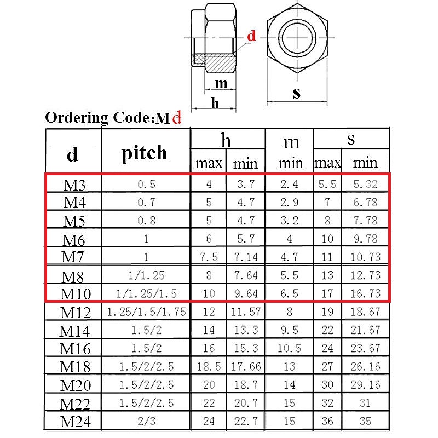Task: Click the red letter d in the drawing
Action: point(251,37)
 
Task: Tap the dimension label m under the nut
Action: point(221,84)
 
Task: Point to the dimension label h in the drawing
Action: point(215,103)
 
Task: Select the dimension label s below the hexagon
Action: point(296,93)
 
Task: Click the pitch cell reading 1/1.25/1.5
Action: point(146,293)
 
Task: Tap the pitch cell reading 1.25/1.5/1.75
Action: point(146,312)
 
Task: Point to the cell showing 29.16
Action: point(365,385)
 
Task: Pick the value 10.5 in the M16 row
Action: point(290,348)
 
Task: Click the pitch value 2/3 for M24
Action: point(146,422)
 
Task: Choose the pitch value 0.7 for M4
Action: point(146,203)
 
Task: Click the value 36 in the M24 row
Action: point(327,422)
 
